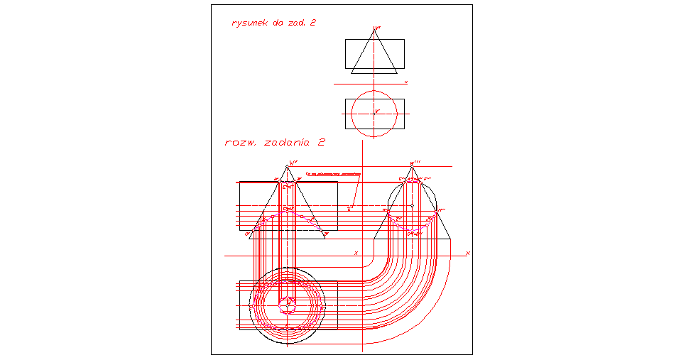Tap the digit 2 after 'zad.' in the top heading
(312, 23)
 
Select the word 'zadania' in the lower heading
(288, 142)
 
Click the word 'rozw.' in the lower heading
(240, 142)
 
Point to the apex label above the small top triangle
(377, 28)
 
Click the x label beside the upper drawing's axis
(405, 82)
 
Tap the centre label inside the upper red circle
(377, 111)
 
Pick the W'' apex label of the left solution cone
(292, 163)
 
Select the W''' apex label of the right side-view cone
(416, 163)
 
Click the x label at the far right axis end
(467, 253)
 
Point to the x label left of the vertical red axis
(356, 253)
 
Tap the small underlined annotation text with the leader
(332, 173)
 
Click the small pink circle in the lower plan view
(286, 305)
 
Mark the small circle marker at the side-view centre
(412, 206)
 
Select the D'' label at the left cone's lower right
(326, 233)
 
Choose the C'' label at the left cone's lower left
(247, 233)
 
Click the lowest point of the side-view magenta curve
(412, 232)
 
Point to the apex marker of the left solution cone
(286, 168)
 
